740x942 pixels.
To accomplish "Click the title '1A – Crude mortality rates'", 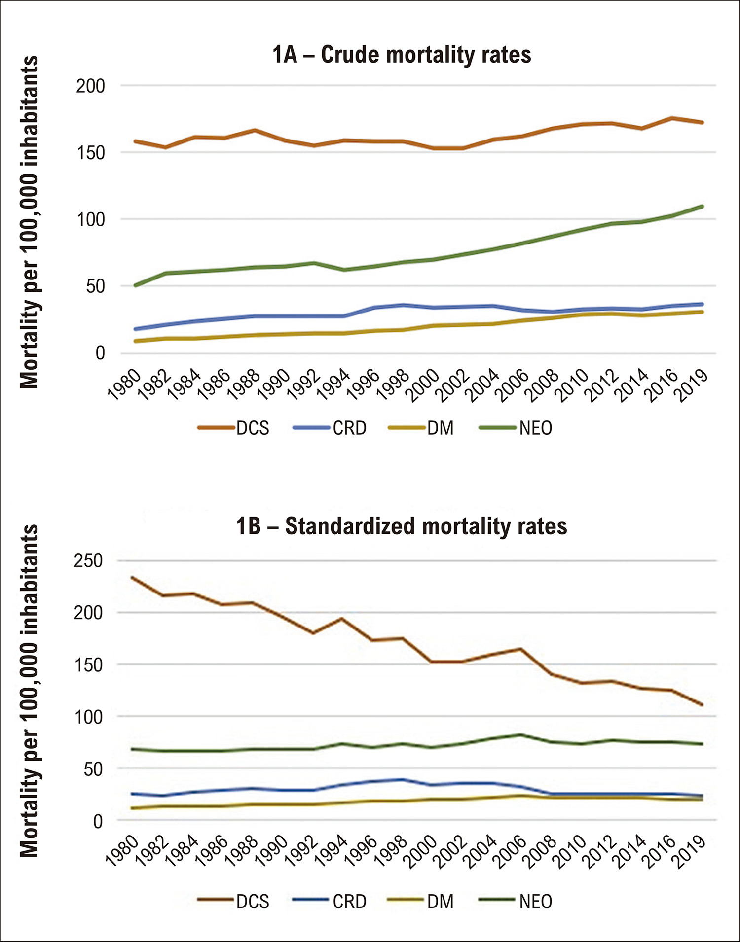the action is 402,54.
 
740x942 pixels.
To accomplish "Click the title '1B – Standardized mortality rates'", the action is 402,526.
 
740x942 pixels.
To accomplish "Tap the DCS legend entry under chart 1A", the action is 233,428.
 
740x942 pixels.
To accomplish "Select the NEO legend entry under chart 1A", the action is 516,428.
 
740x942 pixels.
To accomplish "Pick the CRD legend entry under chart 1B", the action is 330,901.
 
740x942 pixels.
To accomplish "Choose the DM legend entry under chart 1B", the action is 420,901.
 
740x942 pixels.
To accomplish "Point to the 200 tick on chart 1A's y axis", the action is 90,86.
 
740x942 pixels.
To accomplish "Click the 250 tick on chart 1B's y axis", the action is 88,560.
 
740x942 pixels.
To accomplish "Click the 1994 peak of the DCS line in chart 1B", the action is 341,618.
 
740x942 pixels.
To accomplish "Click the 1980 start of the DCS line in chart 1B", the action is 133,577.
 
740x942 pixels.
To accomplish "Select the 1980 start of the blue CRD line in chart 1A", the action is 135,329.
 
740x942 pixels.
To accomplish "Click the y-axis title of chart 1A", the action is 30,222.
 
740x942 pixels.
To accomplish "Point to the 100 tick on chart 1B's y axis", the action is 88,717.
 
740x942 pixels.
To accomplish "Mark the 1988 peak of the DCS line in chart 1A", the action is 255,130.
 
